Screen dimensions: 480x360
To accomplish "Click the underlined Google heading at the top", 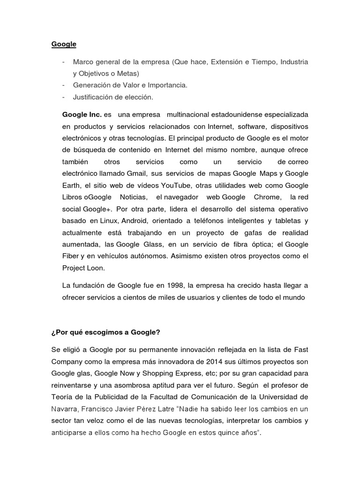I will tap(64, 45).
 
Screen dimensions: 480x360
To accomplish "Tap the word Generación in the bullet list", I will tap(90, 85).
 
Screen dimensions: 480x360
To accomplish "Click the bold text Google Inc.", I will tap(82, 115).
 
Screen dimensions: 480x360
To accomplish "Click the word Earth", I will tap(71, 185).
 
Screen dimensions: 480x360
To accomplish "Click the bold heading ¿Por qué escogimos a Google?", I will tap(106, 332).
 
